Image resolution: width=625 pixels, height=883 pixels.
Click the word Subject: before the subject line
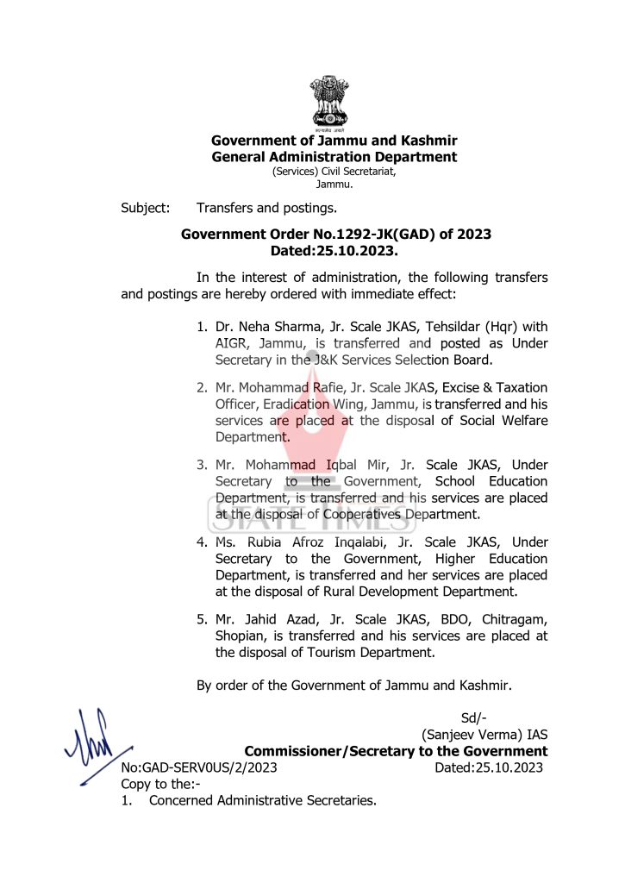click(146, 208)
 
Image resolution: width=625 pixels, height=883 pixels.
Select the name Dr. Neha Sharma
click(265, 327)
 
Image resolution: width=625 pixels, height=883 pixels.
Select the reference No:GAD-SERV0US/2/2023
click(199, 767)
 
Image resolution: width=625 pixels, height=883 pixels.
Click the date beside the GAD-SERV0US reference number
click(489, 767)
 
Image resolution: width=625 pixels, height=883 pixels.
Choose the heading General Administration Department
click(334, 157)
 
